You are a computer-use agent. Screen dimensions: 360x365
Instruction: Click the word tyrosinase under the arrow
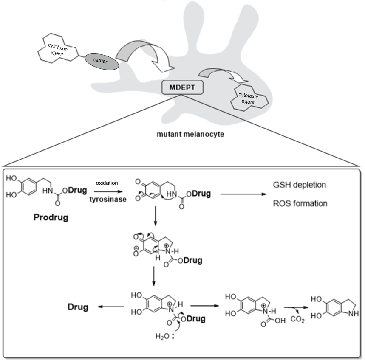click(108, 200)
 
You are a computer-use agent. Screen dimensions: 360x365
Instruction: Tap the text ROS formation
click(300, 204)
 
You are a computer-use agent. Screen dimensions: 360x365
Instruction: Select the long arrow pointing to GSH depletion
click(241, 194)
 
